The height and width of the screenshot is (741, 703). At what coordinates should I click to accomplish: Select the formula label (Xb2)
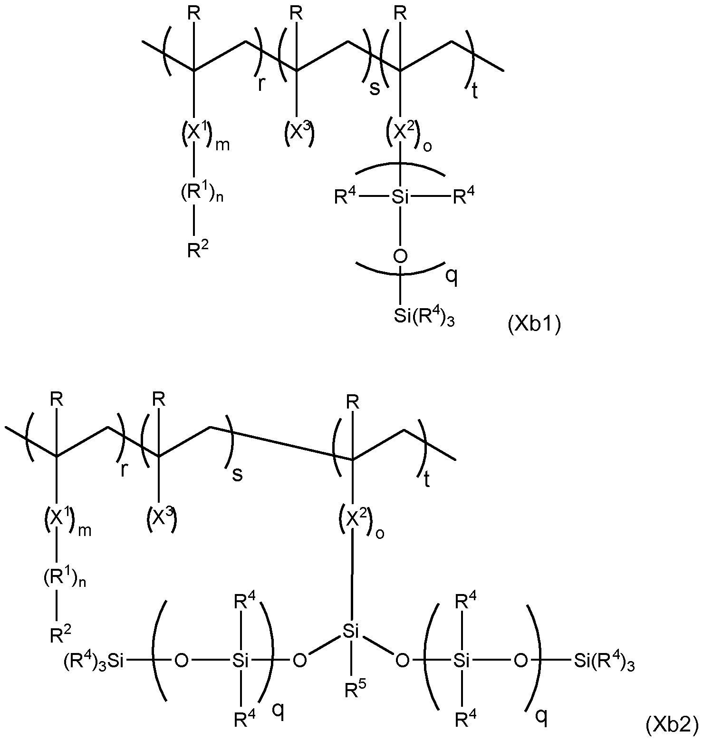[672, 725]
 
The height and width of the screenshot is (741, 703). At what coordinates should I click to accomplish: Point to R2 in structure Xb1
[198, 249]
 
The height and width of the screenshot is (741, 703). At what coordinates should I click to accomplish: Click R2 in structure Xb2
[61, 634]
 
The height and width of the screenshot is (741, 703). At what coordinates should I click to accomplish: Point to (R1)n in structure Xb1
[202, 195]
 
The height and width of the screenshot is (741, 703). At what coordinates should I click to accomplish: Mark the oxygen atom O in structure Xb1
[401, 256]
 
